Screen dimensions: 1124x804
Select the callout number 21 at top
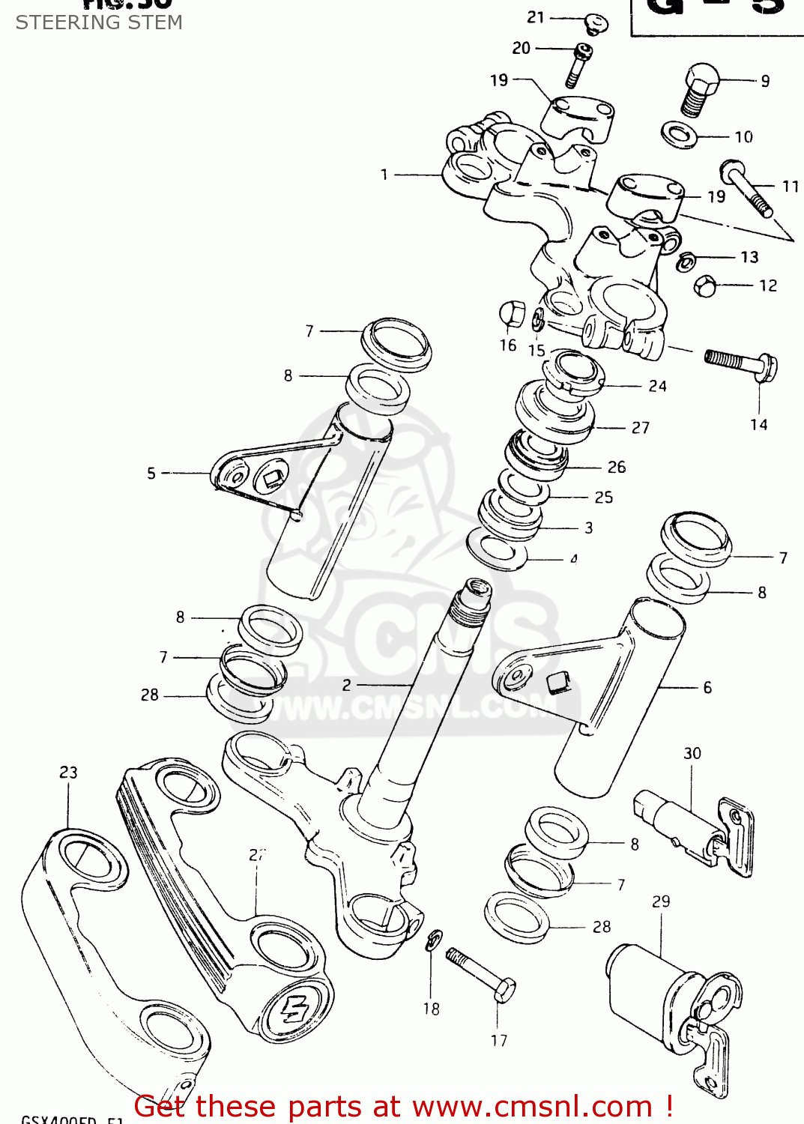click(x=536, y=17)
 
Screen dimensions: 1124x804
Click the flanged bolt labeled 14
click(x=740, y=363)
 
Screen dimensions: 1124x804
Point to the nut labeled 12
click(x=705, y=285)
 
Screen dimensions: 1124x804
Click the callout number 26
click(x=616, y=467)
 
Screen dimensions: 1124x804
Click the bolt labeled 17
click(x=480, y=973)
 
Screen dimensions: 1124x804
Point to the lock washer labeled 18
click(x=433, y=940)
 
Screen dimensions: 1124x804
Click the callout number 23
click(x=68, y=772)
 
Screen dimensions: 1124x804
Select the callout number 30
click(x=692, y=753)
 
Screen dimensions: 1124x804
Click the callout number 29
click(x=660, y=901)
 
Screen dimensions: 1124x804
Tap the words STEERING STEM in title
click(x=99, y=22)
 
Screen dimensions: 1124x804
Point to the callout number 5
click(x=151, y=473)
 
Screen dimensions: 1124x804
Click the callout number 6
click(x=707, y=687)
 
